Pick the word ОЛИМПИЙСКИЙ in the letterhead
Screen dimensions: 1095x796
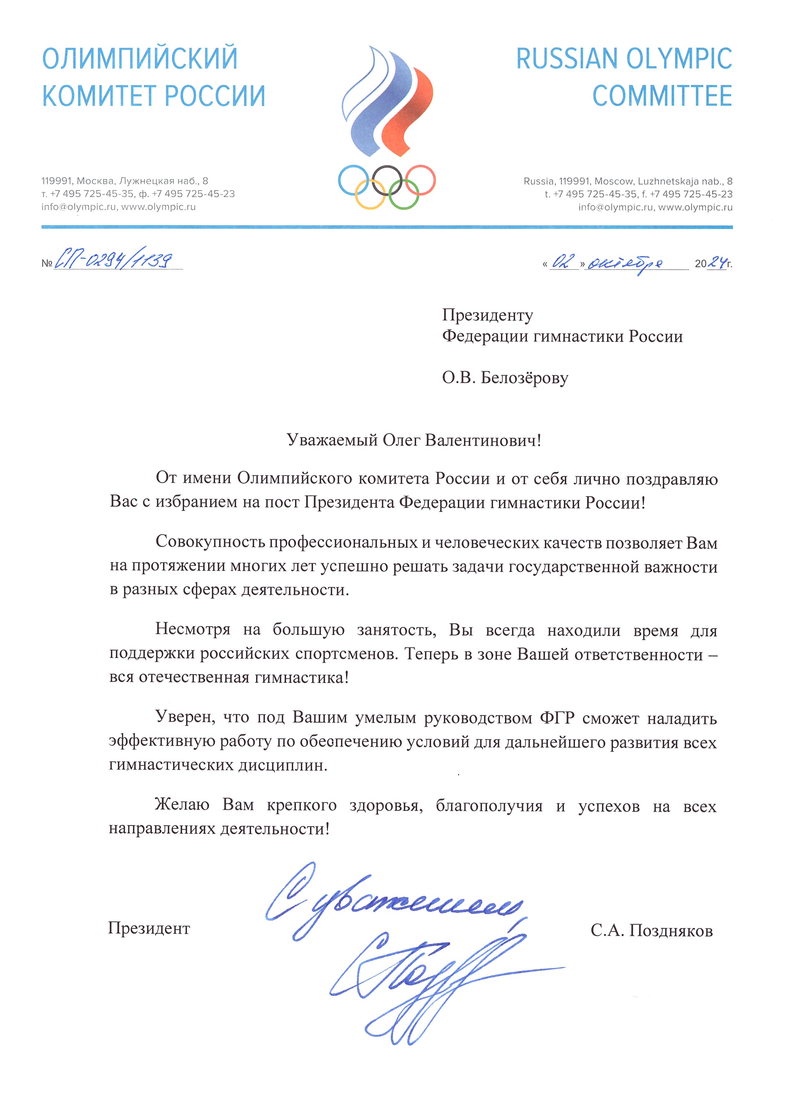pyautogui.click(x=140, y=58)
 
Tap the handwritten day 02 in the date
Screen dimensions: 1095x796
pyautogui.click(x=563, y=262)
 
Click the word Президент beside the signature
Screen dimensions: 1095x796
pyautogui.click(x=149, y=928)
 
